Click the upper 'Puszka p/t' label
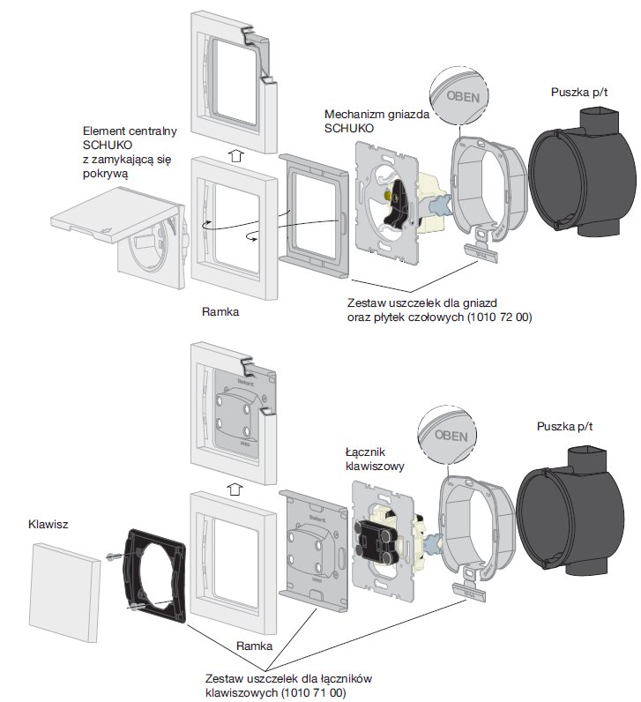(x=578, y=93)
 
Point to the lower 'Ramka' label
(x=255, y=646)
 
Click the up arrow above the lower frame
(x=235, y=487)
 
